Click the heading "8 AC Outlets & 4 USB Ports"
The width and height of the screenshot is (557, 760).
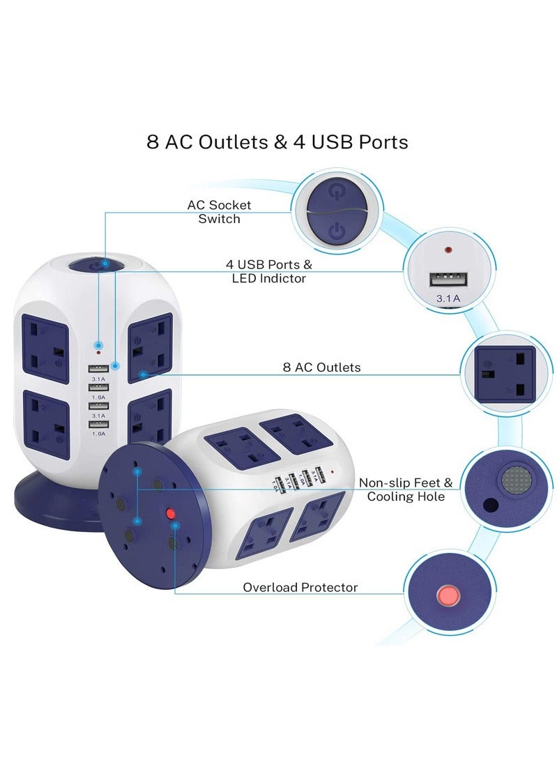pyautogui.click(x=277, y=142)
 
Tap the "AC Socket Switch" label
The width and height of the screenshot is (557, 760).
pyautogui.click(x=219, y=212)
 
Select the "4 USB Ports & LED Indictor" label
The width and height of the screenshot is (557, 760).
pyautogui.click(x=268, y=271)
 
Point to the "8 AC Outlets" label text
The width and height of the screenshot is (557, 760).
pyautogui.click(x=321, y=367)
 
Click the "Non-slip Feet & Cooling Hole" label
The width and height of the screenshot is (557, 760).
pyautogui.click(x=406, y=489)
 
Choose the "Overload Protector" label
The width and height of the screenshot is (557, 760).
pyautogui.click(x=300, y=587)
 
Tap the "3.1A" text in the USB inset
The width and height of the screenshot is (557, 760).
pyautogui.click(x=448, y=298)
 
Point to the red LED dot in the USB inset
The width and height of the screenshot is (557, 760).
pyautogui.click(x=448, y=249)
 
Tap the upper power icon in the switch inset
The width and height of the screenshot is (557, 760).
pyautogui.click(x=337, y=193)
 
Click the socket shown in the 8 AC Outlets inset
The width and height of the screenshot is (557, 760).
pyautogui.click(x=505, y=375)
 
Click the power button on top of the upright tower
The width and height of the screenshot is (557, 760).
pyautogui.click(x=103, y=264)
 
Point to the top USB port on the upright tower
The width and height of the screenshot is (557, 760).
pyautogui.click(x=98, y=368)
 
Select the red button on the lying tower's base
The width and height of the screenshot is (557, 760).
pyautogui.click(x=169, y=515)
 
